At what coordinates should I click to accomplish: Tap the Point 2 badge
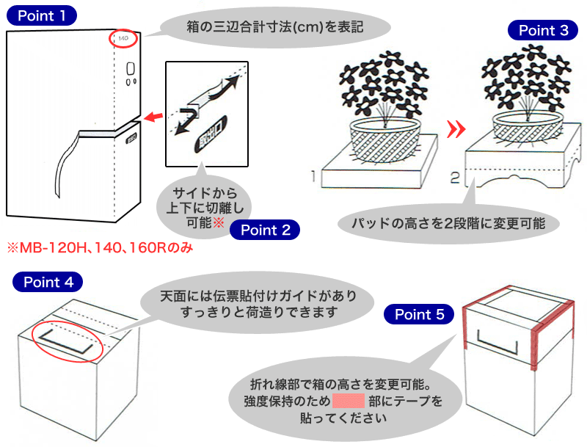point(265,230)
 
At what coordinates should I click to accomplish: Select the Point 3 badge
point(543,31)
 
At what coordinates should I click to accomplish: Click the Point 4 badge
point(48,282)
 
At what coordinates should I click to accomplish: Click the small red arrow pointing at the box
point(153,116)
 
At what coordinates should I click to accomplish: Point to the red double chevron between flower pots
point(456,130)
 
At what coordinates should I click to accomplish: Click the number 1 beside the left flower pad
point(313,175)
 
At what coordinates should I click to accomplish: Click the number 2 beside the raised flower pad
point(455,176)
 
